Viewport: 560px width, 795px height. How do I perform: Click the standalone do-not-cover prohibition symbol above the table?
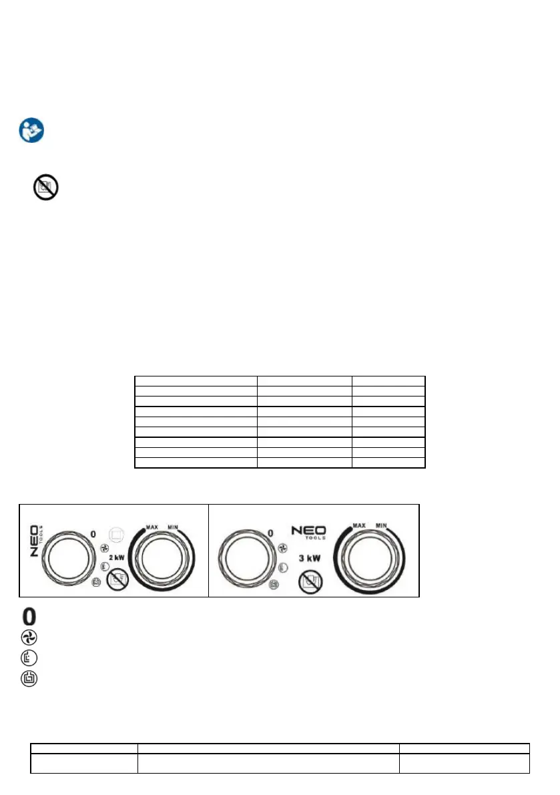pyautogui.click(x=45, y=188)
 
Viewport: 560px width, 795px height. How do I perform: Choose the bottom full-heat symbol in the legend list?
pyautogui.click(x=30, y=679)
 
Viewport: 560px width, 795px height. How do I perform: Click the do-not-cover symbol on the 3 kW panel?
pyautogui.click(x=310, y=581)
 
